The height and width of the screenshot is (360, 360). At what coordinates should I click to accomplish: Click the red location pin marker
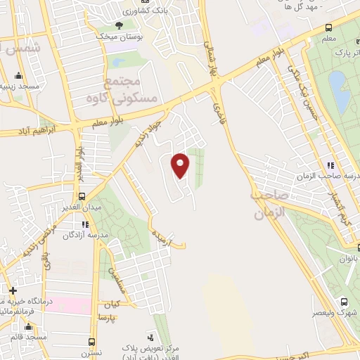(x=181, y=165)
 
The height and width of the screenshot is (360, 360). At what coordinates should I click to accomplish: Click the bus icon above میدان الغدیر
(x=82, y=196)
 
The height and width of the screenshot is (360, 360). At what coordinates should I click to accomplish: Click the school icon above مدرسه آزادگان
(x=85, y=224)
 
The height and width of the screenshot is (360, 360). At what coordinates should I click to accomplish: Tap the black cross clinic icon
(x=12, y=290)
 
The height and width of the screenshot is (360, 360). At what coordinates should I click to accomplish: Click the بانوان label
(x=347, y=258)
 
